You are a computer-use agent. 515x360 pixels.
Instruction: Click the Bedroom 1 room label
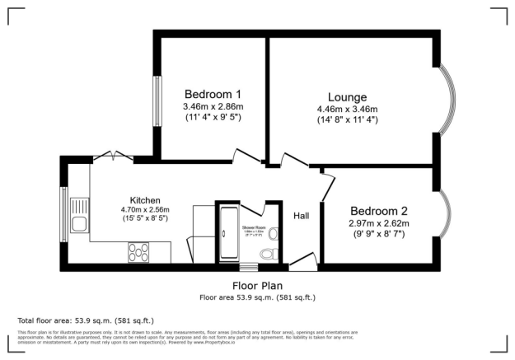click(213, 92)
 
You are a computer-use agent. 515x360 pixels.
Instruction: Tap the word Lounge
click(348, 96)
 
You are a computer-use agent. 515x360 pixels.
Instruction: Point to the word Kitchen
click(145, 200)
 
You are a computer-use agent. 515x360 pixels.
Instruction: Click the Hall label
click(302, 216)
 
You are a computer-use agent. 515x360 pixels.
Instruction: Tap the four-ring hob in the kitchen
click(139, 252)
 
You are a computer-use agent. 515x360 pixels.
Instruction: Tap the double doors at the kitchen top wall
click(110, 155)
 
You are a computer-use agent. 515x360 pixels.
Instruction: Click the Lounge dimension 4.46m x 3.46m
click(348, 110)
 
